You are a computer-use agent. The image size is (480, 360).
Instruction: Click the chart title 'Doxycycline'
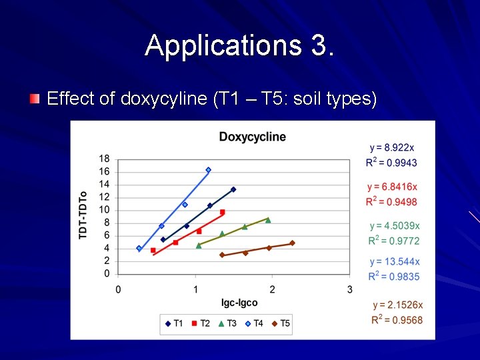[252, 137]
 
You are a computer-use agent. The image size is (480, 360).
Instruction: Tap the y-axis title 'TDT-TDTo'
[83, 216]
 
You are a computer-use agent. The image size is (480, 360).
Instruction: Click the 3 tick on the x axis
[350, 289]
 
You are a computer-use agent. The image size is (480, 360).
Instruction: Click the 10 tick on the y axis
[105, 210]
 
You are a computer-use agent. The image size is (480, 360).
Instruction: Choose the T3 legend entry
[227, 323]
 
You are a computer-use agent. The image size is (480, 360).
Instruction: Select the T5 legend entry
[280, 323]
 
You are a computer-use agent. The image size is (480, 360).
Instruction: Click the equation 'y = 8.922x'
[392, 147]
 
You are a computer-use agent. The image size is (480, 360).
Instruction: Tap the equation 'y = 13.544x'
[393, 262]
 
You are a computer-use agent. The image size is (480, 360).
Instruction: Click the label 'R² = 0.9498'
[393, 202]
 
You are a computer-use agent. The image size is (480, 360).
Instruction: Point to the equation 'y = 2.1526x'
[398, 305]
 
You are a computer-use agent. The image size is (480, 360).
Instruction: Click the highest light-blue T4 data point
[208, 170]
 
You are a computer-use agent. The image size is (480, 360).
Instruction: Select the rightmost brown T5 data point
[292, 243]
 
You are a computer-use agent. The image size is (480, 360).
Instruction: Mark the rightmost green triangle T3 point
[268, 219]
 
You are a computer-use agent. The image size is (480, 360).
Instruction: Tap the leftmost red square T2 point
[153, 251]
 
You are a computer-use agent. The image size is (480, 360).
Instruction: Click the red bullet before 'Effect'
[34, 99]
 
